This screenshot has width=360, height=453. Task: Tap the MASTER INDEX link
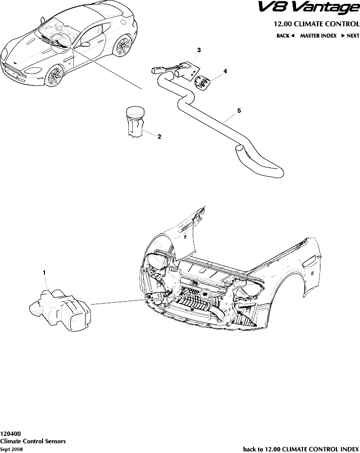tap(318, 36)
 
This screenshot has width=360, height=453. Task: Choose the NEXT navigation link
tap(350, 36)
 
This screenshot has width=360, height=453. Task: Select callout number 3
tap(199, 50)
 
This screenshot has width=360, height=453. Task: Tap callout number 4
tap(225, 71)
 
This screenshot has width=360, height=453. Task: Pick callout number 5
tap(239, 111)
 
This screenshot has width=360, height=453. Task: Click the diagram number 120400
tap(10, 433)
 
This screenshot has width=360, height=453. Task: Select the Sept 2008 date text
tap(11, 449)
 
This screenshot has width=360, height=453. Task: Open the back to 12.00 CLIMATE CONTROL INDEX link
tap(301, 449)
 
